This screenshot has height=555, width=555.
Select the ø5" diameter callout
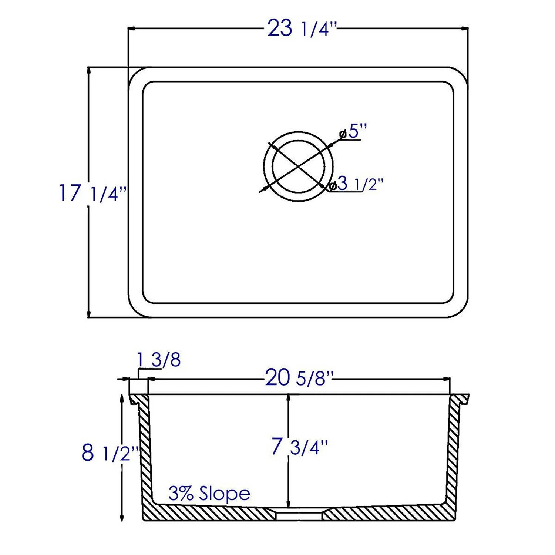click(x=353, y=131)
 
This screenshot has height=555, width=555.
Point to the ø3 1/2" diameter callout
click(x=357, y=184)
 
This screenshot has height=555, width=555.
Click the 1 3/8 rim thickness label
click(x=159, y=360)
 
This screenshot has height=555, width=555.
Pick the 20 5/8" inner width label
click(x=299, y=378)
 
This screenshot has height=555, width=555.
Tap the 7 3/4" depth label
click(x=299, y=447)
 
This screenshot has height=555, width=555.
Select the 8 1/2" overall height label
click(x=110, y=453)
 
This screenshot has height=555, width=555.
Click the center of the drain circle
click(x=299, y=166)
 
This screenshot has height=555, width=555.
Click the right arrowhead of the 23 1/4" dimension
click(x=465, y=28)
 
